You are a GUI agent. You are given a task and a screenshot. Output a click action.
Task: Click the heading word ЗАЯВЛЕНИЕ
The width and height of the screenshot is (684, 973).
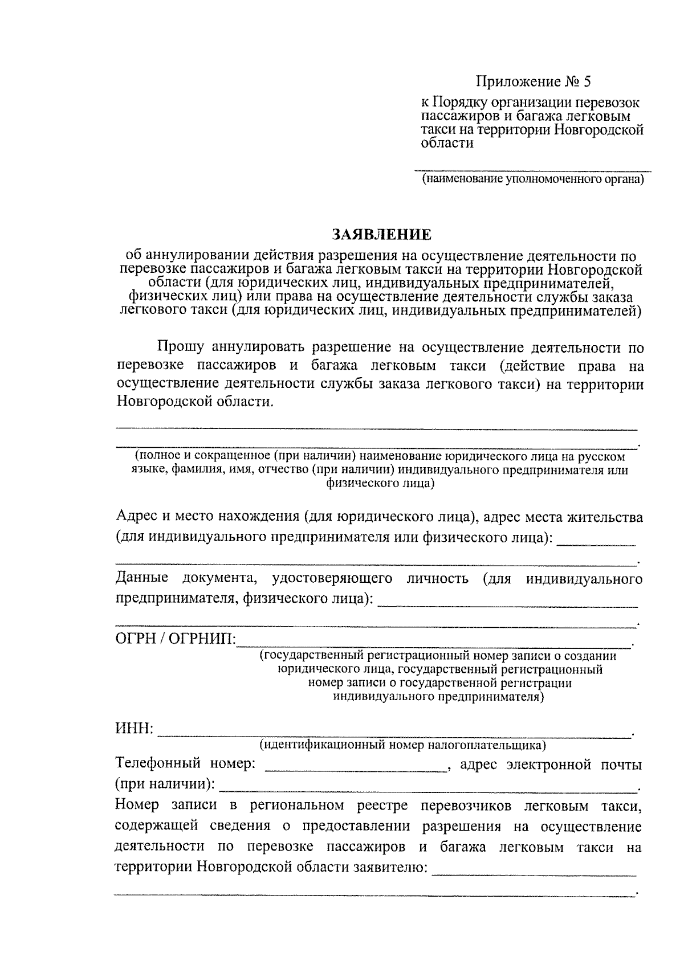(x=381, y=235)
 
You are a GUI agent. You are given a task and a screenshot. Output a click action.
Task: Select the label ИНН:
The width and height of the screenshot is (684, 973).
(x=134, y=729)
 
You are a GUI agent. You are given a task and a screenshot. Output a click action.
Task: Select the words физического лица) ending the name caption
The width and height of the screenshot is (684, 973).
(x=380, y=484)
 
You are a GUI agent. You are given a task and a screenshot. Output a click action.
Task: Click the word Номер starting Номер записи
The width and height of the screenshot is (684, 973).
(x=139, y=806)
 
